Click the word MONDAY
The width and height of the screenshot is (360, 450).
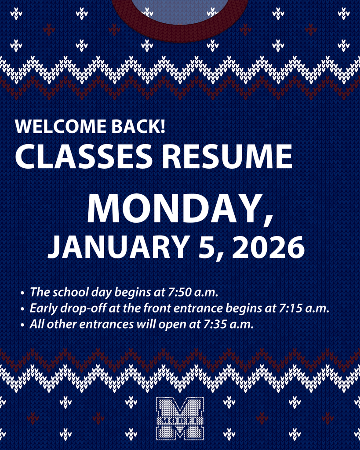[174, 210]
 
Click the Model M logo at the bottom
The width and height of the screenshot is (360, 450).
[180, 418]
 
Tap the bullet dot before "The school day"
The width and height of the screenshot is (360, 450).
[22, 293]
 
